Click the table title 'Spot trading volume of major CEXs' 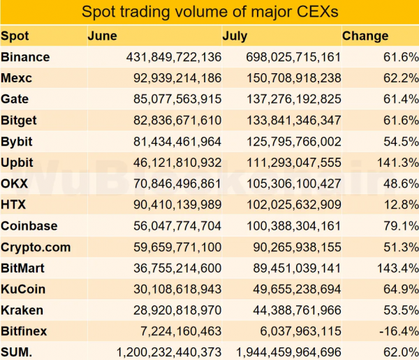point(209,12)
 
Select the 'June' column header point(103,36)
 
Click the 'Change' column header point(365,36)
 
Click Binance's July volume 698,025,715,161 point(288,57)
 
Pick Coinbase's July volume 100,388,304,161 point(288,226)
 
